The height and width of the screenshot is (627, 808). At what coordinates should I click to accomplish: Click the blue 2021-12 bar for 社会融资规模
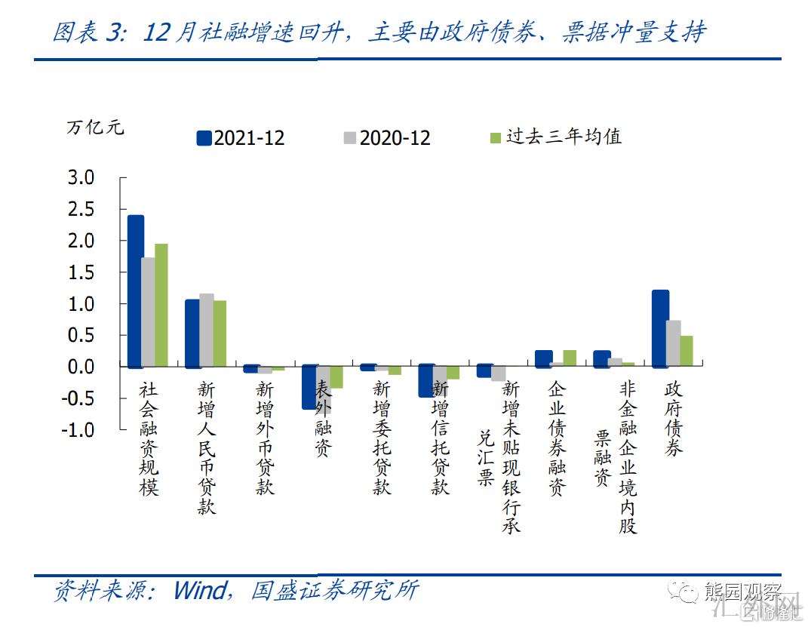pos(136,291)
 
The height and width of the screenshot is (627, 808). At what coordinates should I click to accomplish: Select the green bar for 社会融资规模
pos(161,305)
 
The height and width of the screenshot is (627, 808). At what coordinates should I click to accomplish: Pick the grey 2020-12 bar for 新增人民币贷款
pos(207,330)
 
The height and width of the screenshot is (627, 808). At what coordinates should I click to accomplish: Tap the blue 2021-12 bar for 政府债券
pos(660,329)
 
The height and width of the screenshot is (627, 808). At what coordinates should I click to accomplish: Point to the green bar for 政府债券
pos(687,352)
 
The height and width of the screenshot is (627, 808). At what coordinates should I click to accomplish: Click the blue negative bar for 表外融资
pos(309,388)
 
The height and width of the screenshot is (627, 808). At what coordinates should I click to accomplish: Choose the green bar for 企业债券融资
pos(570,358)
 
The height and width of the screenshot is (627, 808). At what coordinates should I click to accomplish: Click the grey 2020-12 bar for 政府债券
pos(674,344)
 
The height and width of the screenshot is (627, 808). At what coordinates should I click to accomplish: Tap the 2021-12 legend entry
pos(241,137)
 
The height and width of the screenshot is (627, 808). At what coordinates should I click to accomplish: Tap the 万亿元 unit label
pos(95,128)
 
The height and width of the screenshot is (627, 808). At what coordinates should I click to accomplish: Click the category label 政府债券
pos(673,418)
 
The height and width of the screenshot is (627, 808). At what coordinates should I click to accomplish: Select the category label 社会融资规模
pos(149,438)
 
